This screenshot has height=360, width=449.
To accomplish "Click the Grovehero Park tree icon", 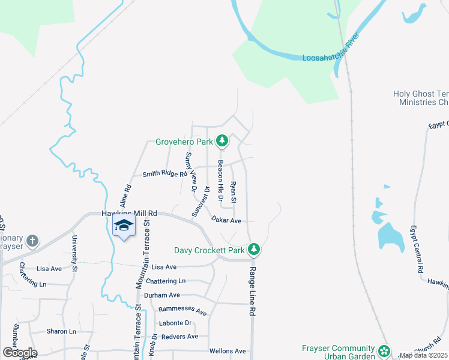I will [222, 141].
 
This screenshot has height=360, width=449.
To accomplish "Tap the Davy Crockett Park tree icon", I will [254, 249].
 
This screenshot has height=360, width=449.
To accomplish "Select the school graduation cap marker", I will [124, 226].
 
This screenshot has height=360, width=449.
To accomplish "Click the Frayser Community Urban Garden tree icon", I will [384, 349].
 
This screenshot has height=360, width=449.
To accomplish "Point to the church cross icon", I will [32, 241].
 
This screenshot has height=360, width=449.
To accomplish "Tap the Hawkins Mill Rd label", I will [129, 213].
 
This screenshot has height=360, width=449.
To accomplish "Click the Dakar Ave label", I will [226, 221].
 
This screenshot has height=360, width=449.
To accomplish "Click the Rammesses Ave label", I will [182, 312].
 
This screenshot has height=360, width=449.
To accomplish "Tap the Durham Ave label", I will [162, 295].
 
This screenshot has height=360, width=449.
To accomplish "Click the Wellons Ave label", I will [228, 351].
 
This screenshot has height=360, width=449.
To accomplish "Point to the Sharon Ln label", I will [61, 331].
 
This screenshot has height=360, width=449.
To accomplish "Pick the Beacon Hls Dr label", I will [221, 180].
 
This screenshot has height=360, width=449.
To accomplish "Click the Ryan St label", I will [234, 191].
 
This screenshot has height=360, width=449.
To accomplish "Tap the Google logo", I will [20, 353].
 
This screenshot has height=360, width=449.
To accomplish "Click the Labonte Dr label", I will [175, 323].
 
